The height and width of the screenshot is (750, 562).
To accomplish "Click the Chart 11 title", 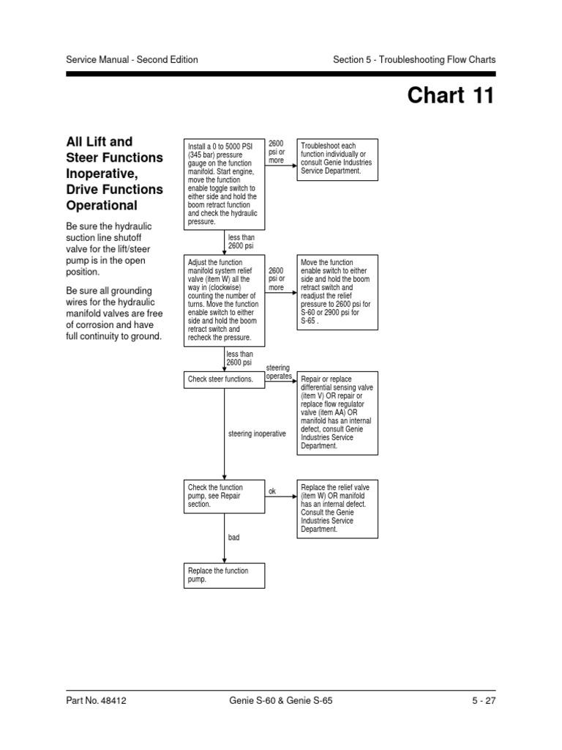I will point(450,96).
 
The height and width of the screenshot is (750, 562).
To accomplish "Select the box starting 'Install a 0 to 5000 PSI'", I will point(224,184).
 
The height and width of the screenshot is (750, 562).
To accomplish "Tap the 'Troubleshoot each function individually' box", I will point(337,159).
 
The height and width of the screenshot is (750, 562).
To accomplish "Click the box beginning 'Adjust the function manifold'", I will point(224,300).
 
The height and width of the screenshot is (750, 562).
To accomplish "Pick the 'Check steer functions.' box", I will point(224,379).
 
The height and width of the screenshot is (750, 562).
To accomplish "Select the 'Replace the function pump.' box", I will point(224,576).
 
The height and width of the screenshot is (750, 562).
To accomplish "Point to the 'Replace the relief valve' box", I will point(337,508).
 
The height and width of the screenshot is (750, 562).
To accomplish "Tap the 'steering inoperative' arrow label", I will point(257,434).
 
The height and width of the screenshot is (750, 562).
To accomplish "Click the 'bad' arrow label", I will point(234,538).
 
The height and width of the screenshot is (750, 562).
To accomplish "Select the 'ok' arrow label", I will point(272,491).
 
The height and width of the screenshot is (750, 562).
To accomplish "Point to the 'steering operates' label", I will point(278,371).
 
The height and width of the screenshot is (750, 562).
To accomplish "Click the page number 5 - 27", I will point(483,701).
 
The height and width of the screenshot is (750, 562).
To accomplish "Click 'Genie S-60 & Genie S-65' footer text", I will point(281,701).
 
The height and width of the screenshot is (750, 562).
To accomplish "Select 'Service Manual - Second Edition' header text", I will point(132,60).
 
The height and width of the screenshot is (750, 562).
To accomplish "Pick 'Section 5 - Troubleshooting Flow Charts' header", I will point(414,60).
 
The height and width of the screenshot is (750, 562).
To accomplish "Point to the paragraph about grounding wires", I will point(114,314).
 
